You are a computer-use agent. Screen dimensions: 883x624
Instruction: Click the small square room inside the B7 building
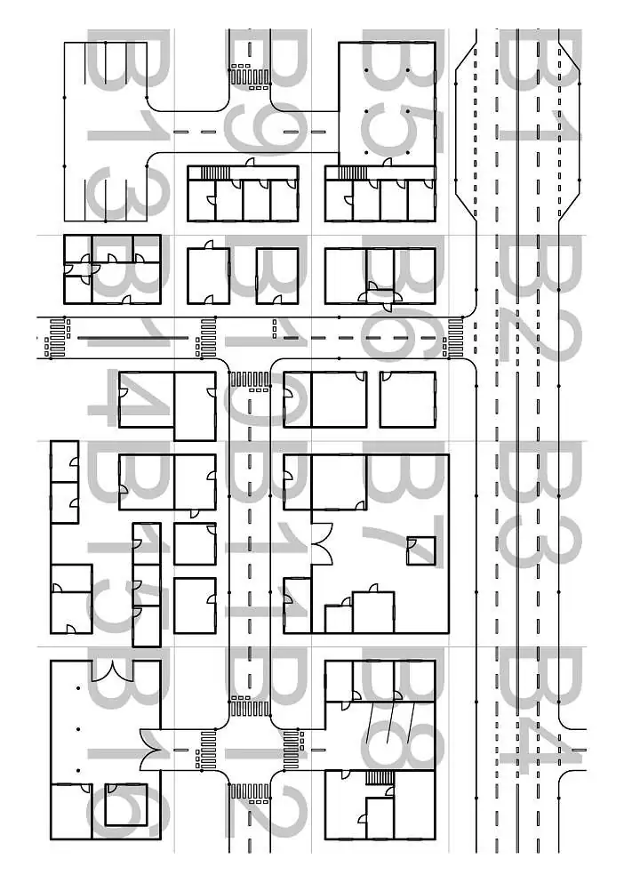coord(420,551)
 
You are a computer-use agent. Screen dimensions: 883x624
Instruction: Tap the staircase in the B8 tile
coord(380,778)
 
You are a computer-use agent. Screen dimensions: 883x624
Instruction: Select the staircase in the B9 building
coord(215,173)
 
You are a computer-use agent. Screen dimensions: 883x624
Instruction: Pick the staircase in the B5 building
coord(353,173)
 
